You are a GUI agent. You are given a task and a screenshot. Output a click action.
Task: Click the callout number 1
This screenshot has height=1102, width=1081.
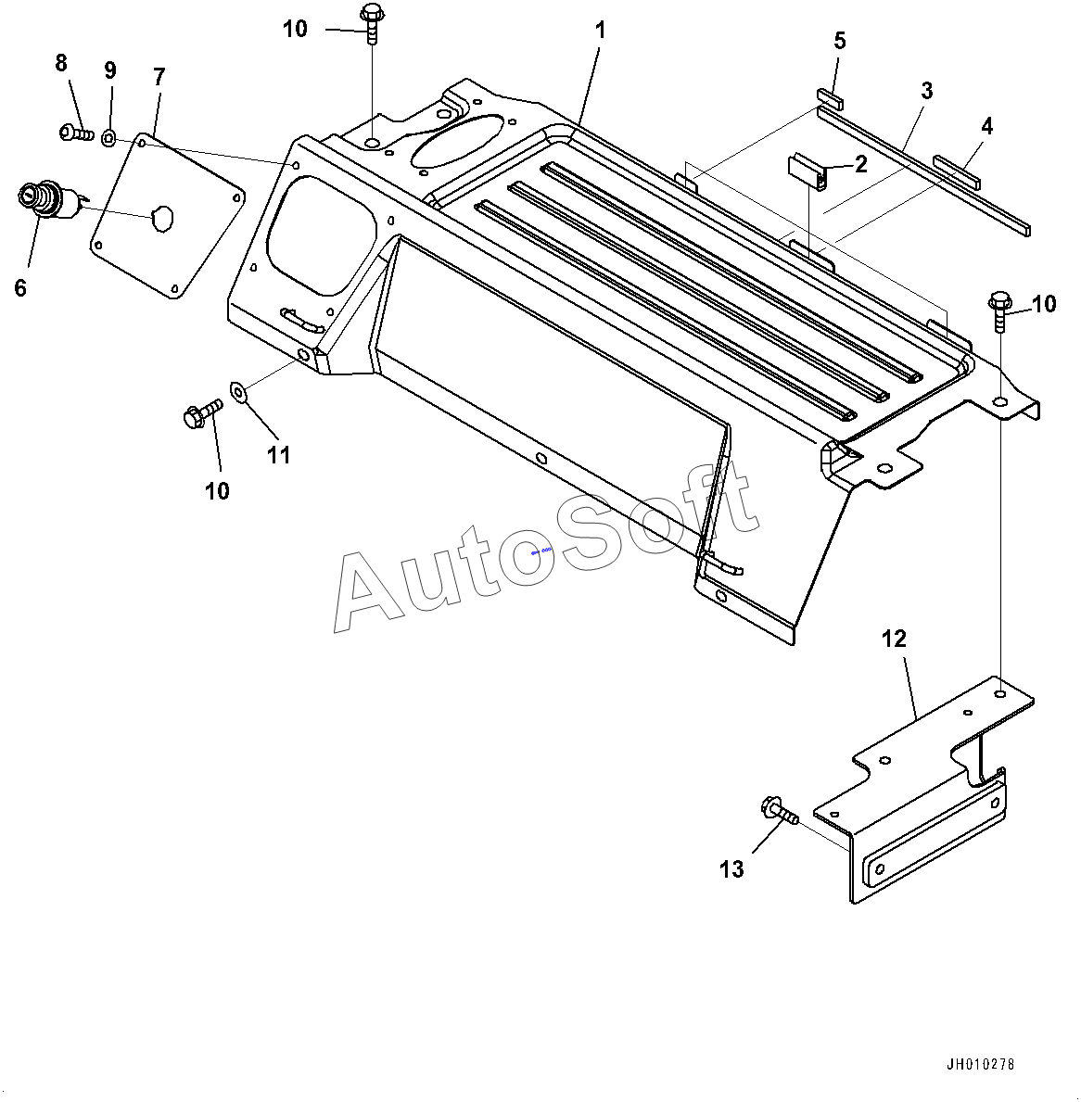click(600, 31)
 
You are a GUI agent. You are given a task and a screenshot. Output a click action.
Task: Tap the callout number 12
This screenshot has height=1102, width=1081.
click(894, 639)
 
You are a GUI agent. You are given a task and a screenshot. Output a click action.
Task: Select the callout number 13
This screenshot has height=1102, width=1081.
click(731, 869)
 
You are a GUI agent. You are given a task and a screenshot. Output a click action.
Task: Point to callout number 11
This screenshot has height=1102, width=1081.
click(279, 455)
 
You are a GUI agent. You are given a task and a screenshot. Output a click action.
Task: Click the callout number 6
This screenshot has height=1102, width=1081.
click(20, 287)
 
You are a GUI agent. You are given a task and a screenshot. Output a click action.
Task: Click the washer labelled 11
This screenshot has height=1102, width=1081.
click(239, 393)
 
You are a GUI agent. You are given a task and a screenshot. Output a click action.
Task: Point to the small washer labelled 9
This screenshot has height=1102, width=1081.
click(109, 139)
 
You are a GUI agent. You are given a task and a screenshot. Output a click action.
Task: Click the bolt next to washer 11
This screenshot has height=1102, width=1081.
click(202, 413)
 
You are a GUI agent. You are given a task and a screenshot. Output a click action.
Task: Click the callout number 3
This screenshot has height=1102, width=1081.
click(926, 91)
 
